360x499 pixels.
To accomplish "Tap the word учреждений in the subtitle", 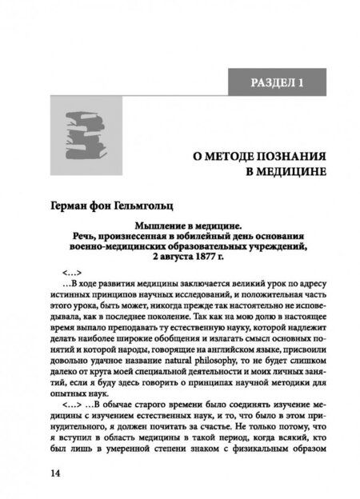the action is (274, 246).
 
